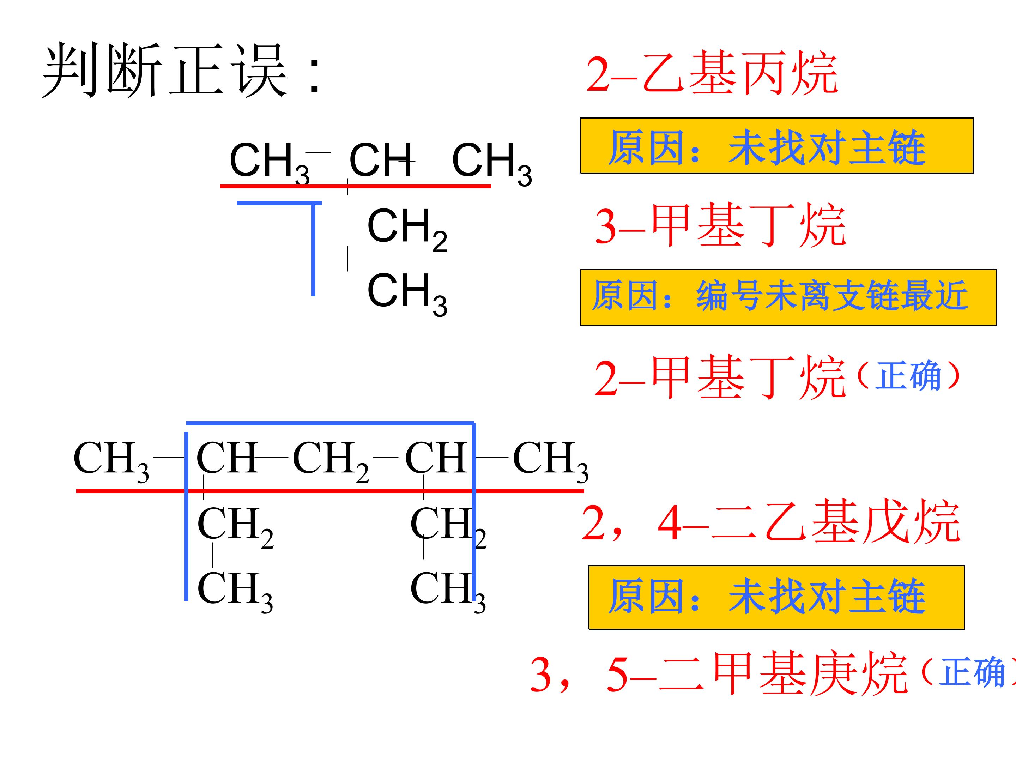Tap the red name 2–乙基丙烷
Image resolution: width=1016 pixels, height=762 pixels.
coord(712,73)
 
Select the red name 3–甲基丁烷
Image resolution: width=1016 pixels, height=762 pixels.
coord(720,225)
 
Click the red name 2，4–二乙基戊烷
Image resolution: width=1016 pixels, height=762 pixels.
coord(771,523)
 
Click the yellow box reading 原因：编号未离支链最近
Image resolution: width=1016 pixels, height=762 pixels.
coord(788,298)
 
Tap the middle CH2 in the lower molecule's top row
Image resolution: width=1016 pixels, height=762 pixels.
coord(331,460)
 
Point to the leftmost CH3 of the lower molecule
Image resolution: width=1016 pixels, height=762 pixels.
coord(111,460)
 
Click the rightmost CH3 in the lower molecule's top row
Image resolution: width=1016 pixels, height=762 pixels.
coord(550,460)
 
